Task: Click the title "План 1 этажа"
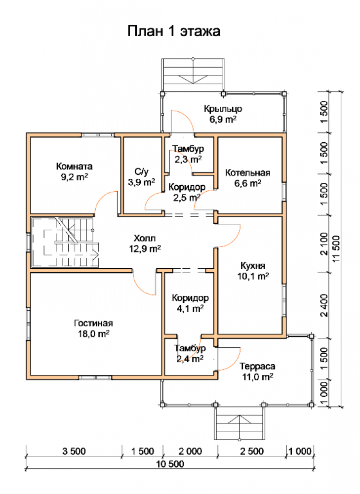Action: click(x=173, y=31)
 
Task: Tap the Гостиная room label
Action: click(x=93, y=323)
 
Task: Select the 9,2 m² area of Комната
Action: click(x=75, y=177)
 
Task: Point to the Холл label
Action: click(x=145, y=238)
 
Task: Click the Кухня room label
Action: click(x=253, y=266)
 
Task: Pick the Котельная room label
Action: click(x=247, y=172)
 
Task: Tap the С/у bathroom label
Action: click(x=141, y=171)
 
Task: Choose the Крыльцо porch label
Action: click(x=223, y=109)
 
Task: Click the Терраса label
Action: click(x=257, y=366)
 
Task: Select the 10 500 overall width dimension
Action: click(x=170, y=464)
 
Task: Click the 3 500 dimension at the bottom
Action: click(x=74, y=451)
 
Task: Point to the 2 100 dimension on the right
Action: click(x=324, y=244)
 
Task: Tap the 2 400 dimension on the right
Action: click(x=324, y=305)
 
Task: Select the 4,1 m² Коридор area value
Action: click(x=190, y=308)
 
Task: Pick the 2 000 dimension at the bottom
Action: click(x=190, y=451)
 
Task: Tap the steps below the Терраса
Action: click(x=240, y=422)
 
